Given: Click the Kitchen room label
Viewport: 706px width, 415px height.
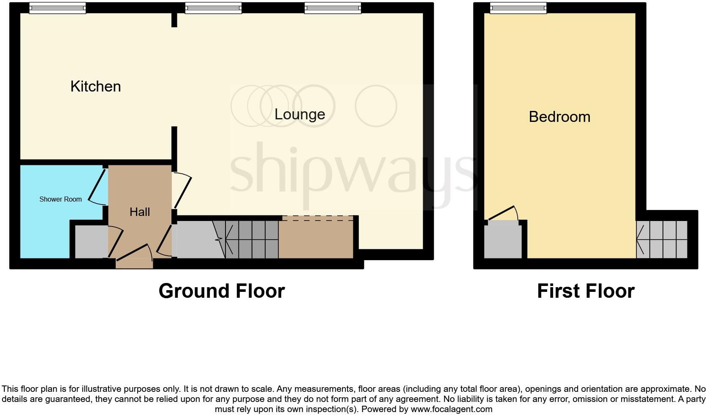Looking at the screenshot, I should (95, 86).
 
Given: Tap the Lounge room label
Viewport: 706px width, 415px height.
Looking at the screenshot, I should (299, 114).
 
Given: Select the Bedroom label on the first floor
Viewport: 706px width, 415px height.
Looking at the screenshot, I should (559, 117).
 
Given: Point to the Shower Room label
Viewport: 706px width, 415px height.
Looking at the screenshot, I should (60, 199).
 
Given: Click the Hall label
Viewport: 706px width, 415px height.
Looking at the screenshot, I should (139, 212).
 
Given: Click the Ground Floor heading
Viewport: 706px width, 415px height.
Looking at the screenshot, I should (222, 291).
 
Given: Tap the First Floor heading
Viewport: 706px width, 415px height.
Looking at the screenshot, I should (586, 291).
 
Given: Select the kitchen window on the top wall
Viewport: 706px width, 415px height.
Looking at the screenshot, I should (57, 8).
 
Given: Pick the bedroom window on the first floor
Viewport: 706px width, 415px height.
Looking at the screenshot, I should (518, 8).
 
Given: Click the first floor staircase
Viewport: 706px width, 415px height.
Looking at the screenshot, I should (662, 240).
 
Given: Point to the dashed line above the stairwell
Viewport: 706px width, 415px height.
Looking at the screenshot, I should (318, 218).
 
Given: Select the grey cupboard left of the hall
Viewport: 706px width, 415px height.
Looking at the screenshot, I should (90, 242).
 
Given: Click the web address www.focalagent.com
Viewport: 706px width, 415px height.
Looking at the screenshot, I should (451, 409).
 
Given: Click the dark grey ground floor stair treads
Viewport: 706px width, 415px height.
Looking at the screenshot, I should (252, 240).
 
